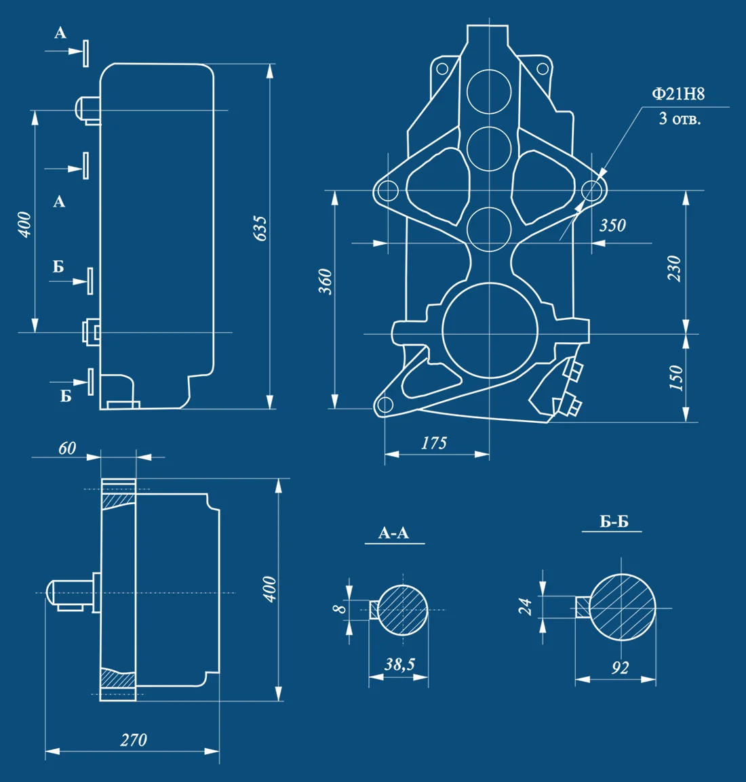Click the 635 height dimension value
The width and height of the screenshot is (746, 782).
pyautogui.click(x=260, y=229)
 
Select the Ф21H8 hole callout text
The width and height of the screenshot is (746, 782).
pyautogui.click(x=678, y=94)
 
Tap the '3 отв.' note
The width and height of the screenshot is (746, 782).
pyautogui.click(x=680, y=119)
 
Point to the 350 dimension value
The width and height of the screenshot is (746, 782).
pyautogui.click(x=613, y=226)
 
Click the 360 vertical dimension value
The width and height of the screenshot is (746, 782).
pyautogui.click(x=326, y=281)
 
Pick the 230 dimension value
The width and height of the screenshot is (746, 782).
pyautogui.click(x=674, y=268)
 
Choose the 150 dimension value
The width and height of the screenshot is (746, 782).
pyautogui.click(x=675, y=377)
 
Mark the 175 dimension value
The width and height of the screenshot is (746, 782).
pyautogui.click(x=434, y=443)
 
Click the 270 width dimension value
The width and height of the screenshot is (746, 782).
pyautogui.click(x=134, y=740)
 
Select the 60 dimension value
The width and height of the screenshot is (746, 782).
pyautogui.click(x=67, y=449)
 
